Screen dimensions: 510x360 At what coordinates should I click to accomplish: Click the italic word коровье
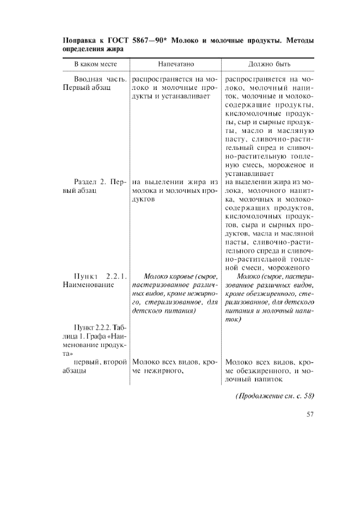tap(180, 276)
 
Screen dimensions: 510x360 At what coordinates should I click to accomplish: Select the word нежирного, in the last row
tap(158, 371)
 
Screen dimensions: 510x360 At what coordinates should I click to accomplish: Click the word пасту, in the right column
tap(236, 139)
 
